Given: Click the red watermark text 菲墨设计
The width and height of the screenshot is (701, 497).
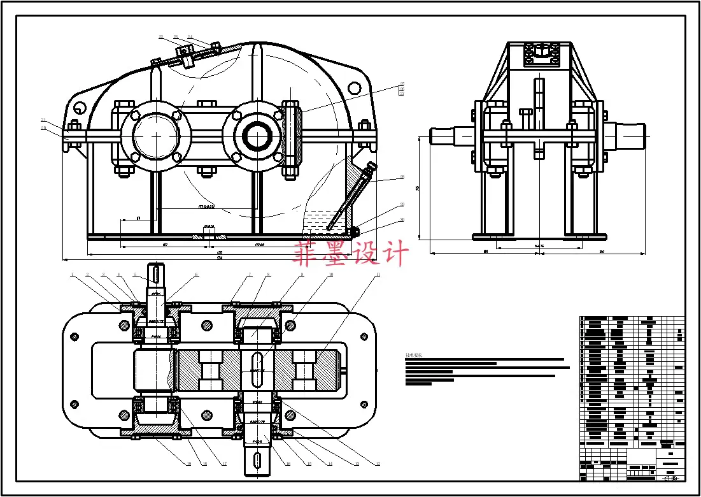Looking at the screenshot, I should [350, 254].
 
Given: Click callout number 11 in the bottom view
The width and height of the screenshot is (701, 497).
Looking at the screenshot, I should [378, 275].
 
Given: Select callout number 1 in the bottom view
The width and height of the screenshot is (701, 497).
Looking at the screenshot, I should [73, 275].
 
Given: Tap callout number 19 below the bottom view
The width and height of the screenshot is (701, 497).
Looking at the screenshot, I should [188, 465].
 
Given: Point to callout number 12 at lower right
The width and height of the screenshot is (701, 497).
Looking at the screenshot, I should [377, 465].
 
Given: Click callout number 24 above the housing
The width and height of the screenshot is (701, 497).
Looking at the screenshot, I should [190, 37].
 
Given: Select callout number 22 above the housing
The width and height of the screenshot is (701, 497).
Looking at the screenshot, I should [161, 37].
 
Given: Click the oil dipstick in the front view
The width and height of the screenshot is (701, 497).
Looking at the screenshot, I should [350, 198].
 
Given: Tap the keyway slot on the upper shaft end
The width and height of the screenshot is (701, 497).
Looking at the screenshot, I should [156, 275].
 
